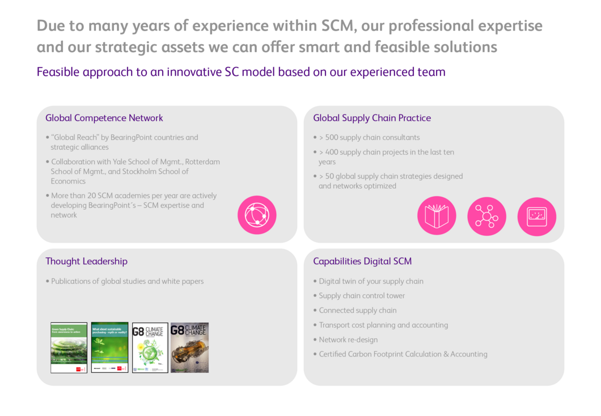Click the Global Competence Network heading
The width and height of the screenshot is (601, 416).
[x=104, y=118]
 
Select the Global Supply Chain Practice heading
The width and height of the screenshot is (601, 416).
[x=372, y=118]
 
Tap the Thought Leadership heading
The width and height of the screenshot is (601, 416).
[x=86, y=261]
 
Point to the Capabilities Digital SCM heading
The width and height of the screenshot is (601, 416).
[x=362, y=261]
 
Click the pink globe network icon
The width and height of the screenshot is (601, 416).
[x=257, y=215]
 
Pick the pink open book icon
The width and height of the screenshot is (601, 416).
[x=437, y=216]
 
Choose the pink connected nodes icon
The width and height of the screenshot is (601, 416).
[x=486, y=216]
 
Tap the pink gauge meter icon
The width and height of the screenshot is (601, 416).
[x=536, y=216]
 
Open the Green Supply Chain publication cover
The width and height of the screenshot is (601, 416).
[x=69, y=347]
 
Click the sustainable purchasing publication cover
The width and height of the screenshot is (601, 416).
[x=110, y=347]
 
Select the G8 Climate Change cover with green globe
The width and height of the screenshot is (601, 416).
[x=150, y=347]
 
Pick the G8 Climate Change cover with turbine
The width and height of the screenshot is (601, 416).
[x=190, y=347]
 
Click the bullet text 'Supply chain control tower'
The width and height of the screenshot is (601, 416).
[x=362, y=296]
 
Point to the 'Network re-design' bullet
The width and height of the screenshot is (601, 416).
[x=348, y=340]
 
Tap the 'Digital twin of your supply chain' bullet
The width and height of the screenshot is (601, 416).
[x=371, y=281]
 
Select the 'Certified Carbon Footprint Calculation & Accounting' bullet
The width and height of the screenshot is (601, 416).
[x=403, y=354]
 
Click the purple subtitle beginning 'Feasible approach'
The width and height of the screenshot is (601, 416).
[x=241, y=72]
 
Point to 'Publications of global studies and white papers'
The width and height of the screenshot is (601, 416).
[x=127, y=281]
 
